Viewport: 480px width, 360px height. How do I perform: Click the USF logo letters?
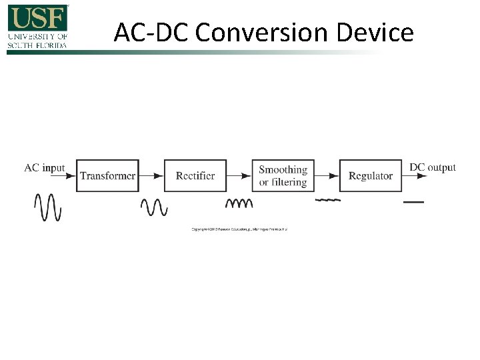coord(38,17)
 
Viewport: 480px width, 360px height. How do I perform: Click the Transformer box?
coord(107,176)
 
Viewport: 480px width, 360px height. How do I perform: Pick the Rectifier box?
coord(195,176)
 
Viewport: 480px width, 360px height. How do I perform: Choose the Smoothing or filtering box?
coord(283,176)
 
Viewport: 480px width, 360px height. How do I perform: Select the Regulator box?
coord(371,176)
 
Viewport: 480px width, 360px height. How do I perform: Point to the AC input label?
coord(45,167)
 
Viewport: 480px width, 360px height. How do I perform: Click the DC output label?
coord(433,167)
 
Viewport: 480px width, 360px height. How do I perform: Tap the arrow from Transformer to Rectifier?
coord(151,176)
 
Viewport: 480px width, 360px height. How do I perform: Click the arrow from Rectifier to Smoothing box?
coord(239,176)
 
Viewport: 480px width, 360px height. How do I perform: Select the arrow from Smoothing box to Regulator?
coord(327,176)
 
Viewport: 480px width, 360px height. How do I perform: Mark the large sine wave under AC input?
coord(48,207)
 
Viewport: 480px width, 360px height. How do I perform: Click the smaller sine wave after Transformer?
coord(154,207)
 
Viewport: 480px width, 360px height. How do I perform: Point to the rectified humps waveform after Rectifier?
coord(239,203)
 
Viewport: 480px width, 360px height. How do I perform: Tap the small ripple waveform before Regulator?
coord(327,200)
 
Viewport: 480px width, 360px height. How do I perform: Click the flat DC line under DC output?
coord(414,201)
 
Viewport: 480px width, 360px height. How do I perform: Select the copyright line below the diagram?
coord(239,229)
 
